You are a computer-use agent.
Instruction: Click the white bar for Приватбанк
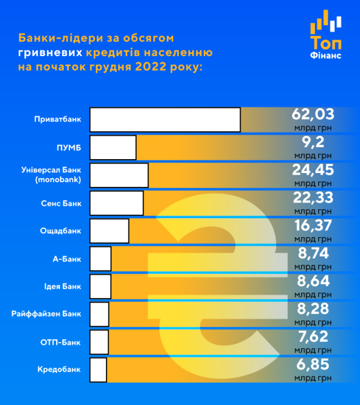[165, 120]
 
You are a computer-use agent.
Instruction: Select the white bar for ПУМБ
[113, 148]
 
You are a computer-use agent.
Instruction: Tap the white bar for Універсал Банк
[119, 175]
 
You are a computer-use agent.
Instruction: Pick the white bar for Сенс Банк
[116, 203]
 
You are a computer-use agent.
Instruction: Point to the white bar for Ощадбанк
[109, 231]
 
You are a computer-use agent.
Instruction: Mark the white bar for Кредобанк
[98, 370]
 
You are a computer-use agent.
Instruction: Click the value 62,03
[313, 114]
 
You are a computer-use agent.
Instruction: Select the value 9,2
[313, 142]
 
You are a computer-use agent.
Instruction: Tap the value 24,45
[313, 170]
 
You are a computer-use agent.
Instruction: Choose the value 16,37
[313, 225]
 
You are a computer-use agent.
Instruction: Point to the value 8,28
[313, 308]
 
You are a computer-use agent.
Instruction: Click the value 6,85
[313, 364]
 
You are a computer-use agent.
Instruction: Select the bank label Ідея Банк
[63, 286]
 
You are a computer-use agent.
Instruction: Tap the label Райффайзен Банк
[47, 314]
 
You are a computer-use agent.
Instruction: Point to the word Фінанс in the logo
[326, 56]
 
